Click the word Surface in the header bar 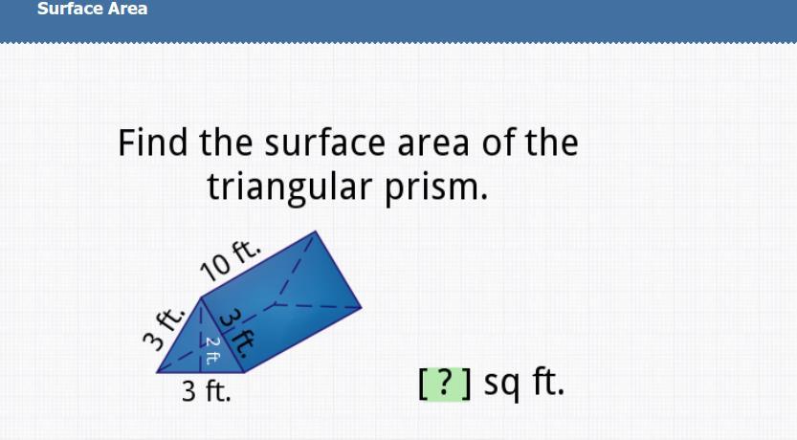tap(63, 8)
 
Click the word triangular tap(290, 187)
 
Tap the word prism tap(436, 187)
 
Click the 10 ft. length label tap(230, 259)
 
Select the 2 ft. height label tap(212, 351)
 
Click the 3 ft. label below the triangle tap(207, 391)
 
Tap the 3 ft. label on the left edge tap(164, 329)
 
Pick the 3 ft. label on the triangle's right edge tap(237, 334)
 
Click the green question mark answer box tap(445, 384)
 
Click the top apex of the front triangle tap(201, 297)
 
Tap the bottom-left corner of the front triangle tap(157, 372)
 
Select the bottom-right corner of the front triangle tap(244, 372)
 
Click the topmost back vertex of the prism tap(316, 231)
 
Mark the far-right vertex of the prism tap(362, 307)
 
